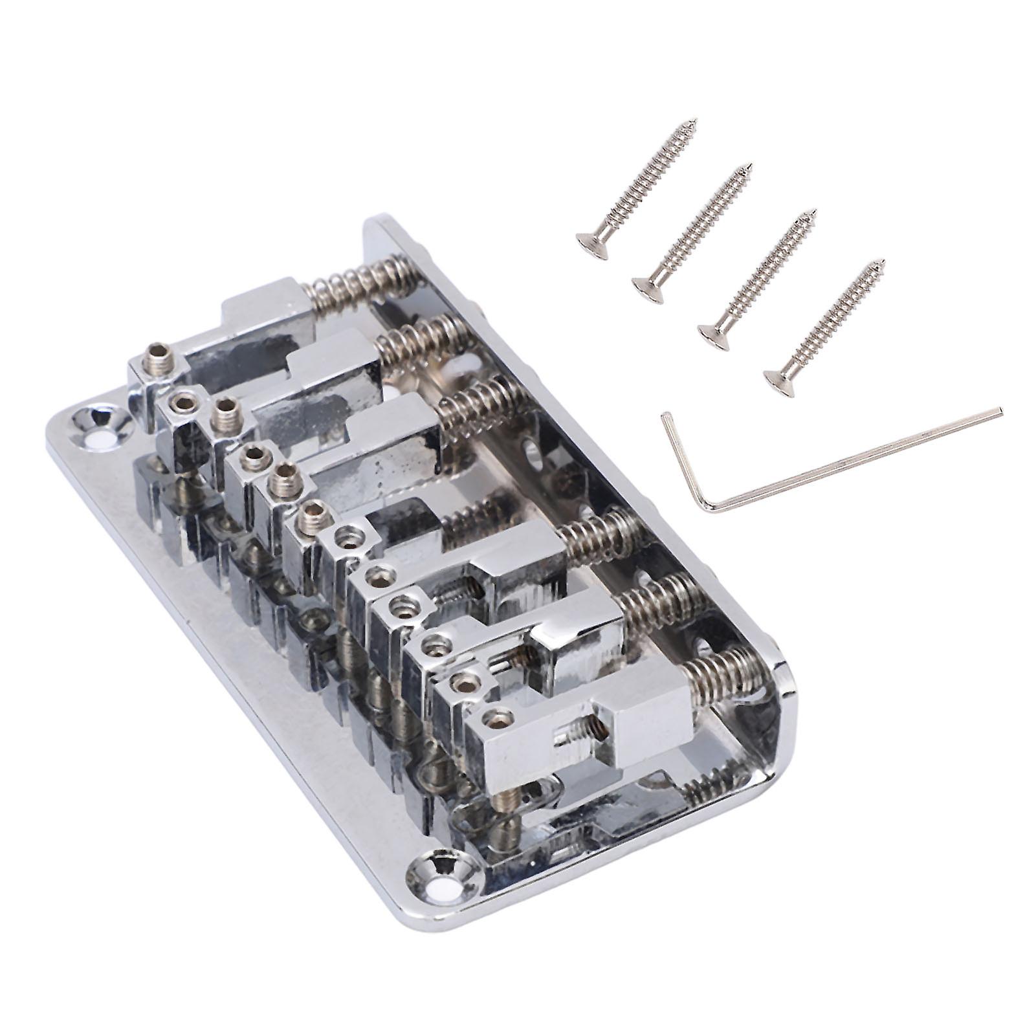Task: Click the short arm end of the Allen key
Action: tap(663, 416)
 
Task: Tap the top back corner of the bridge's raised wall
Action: tap(375, 223)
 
